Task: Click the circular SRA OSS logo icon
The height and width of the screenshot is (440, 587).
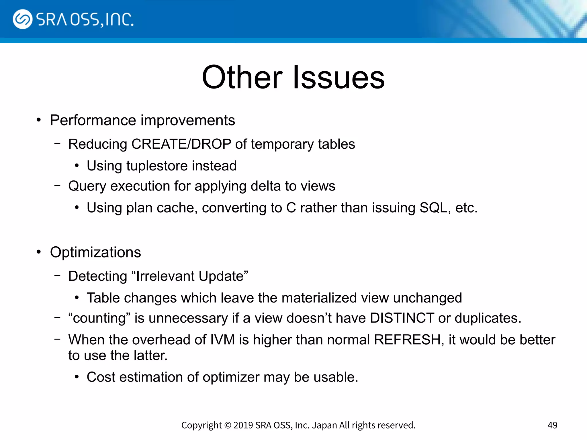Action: [22, 19]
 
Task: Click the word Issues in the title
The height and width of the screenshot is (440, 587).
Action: [339, 77]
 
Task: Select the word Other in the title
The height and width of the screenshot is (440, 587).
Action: [242, 77]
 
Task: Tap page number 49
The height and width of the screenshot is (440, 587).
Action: [552, 425]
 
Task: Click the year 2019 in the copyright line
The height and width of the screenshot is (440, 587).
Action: [243, 425]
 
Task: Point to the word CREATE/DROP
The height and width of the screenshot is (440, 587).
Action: [181, 144]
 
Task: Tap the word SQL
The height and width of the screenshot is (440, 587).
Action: [433, 208]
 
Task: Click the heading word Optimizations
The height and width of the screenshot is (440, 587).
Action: [95, 252]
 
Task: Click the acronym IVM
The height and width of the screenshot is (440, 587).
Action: [222, 340]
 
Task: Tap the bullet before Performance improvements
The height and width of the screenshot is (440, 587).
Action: [39, 120]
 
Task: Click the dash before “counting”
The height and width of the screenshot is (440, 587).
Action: [58, 317]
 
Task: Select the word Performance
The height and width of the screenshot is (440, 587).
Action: [93, 120]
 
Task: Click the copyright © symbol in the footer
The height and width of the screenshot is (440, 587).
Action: [228, 425]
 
